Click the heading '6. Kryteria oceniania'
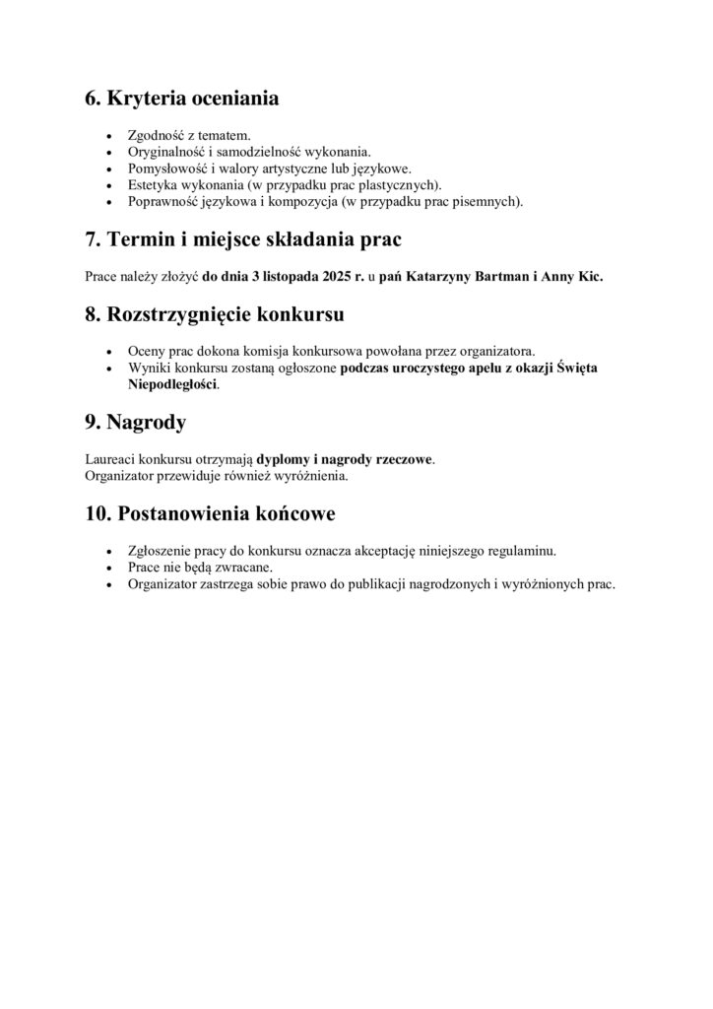click(182, 99)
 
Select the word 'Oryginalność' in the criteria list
click(165, 152)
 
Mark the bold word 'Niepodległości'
click(172, 385)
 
